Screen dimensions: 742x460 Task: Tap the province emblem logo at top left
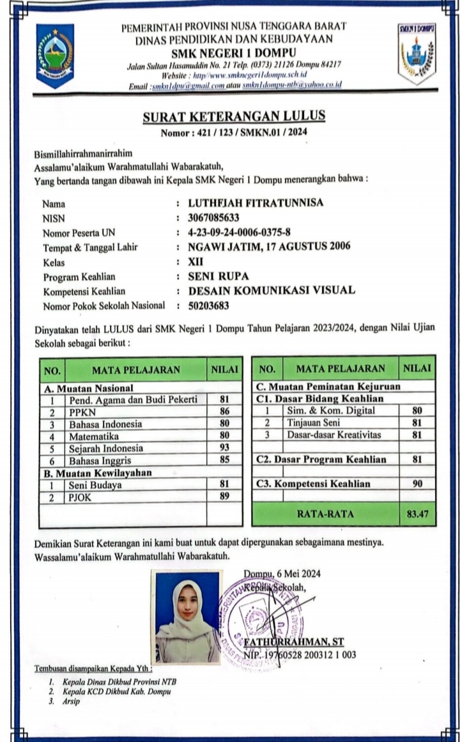[x=54, y=56]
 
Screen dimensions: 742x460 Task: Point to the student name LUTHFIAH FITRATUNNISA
[x=256, y=203]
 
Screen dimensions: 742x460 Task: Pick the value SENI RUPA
[x=218, y=277]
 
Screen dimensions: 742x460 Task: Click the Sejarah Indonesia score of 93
[x=224, y=447]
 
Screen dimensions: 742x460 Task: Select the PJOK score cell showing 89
[x=224, y=497]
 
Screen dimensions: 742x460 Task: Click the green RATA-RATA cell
[x=325, y=513]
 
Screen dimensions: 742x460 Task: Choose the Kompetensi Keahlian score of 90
[x=417, y=484]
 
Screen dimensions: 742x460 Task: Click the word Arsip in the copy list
[x=71, y=701]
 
